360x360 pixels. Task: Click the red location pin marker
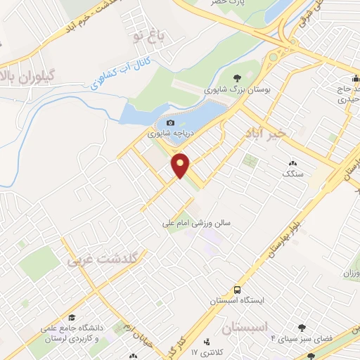click(x=181, y=165)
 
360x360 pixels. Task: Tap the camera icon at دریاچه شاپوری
click(x=169, y=124)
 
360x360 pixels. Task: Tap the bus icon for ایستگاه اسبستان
click(x=238, y=290)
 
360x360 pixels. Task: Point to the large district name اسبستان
click(x=255, y=328)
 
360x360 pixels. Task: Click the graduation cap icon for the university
click(x=72, y=318)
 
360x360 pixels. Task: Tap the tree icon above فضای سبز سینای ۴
click(x=303, y=328)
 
